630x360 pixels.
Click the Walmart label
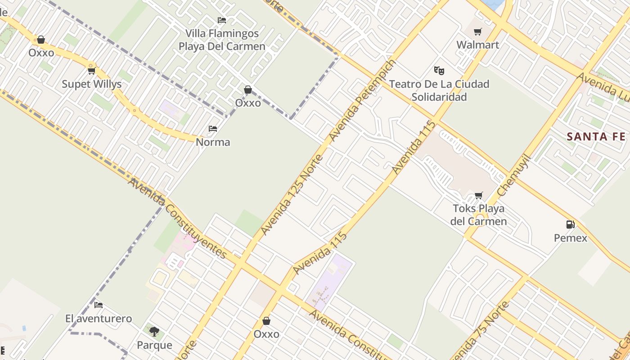pos(478,45)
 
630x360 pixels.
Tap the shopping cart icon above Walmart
pos(478,31)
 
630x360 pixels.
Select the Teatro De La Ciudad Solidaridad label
pos(439,90)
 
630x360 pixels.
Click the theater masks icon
pos(439,71)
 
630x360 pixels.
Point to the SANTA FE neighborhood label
pos(596,137)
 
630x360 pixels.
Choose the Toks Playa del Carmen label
pos(478,215)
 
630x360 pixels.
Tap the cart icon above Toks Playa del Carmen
pos(478,195)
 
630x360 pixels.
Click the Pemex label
pos(571,238)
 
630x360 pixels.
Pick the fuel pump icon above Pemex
pos(570,224)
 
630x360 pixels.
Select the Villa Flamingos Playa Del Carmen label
pos(222,40)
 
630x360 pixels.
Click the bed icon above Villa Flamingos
pos(222,20)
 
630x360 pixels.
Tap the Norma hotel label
pos(213,142)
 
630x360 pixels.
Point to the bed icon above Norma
pos(213,129)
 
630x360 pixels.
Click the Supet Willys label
pos(92,84)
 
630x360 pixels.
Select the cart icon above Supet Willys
pos(92,71)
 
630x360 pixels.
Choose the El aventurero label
pos(99,319)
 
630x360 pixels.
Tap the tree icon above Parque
pos(154,332)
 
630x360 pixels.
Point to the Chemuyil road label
pos(514,175)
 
